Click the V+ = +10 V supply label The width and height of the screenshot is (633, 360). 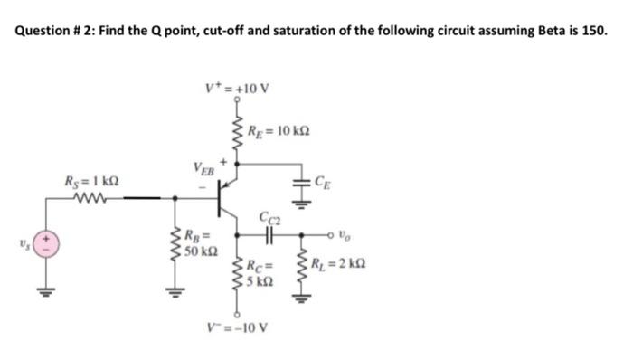[x=237, y=89]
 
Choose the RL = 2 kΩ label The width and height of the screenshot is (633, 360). [x=341, y=265]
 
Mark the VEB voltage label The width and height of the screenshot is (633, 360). [x=204, y=169]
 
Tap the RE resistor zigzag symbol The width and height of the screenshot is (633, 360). [x=239, y=132]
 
